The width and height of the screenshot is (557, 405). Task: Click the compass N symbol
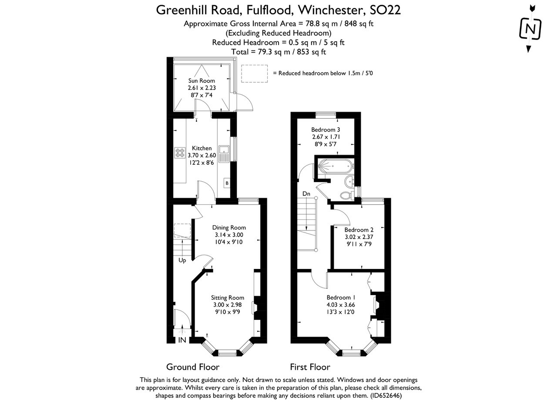[530, 29]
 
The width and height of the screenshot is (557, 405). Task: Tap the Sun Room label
[201, 80]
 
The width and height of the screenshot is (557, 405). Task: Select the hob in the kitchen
[180, 153]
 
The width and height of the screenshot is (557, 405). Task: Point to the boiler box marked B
[227, 183]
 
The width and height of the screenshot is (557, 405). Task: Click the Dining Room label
[229, 227]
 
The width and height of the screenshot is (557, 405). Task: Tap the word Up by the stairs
[182, 260]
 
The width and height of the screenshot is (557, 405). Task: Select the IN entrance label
[182, 340]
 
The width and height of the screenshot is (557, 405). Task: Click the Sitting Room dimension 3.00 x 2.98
[227, 305]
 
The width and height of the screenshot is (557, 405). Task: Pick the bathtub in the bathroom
[334, 166]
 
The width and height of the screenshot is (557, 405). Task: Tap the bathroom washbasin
[349, 181]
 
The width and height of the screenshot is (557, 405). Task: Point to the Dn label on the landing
[306, 194]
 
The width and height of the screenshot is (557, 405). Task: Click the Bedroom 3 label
[325, 129]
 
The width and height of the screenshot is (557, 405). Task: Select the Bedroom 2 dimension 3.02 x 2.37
[359, 237]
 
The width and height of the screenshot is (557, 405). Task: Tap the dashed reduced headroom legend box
[254, 73]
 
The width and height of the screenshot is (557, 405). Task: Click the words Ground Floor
[193, 367]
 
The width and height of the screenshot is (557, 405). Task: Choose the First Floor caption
[310, 367]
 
